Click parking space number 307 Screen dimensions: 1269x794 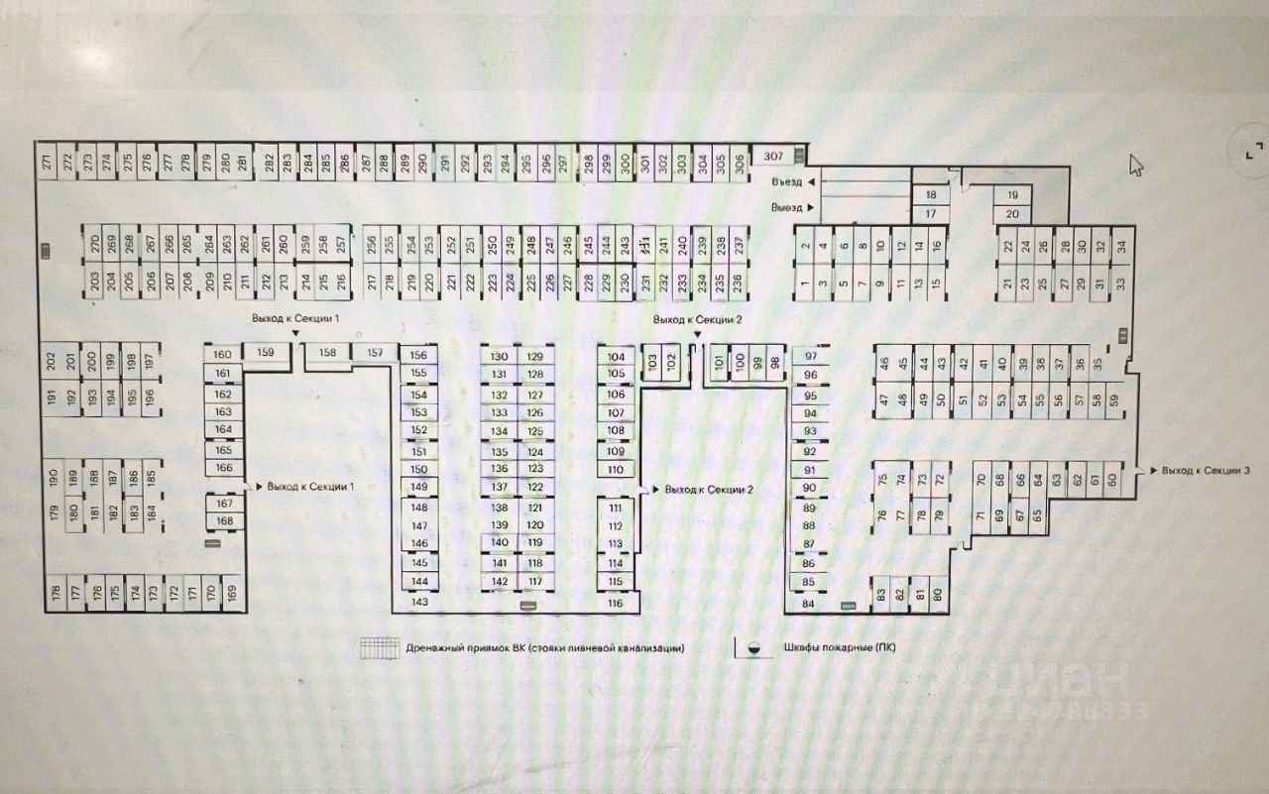(774, 155)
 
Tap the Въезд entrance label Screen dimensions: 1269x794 (788, 182)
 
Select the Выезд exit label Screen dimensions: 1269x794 (788, 207)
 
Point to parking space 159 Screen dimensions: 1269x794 (265, 352)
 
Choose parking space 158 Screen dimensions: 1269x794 (327, 352)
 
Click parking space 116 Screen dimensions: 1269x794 (616, 602)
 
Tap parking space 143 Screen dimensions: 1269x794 (419, 602)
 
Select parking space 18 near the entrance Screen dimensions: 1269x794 (930, 195)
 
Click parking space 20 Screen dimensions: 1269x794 (1012, 213)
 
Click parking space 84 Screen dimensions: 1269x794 (808, 603)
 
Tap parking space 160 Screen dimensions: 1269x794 (223, 354)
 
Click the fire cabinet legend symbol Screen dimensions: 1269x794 (754, 648)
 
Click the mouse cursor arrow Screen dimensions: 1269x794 (1135, 165)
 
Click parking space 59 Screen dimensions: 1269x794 (1114, 399)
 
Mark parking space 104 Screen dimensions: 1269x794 (616, 356)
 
